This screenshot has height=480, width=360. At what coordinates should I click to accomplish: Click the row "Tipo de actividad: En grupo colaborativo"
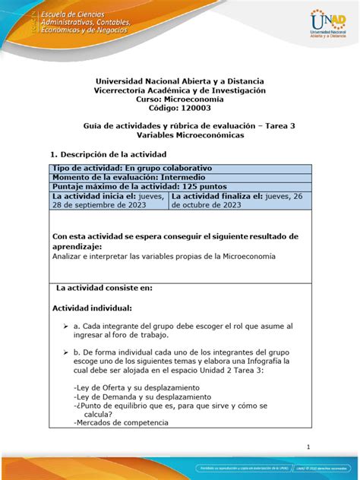[131, 168]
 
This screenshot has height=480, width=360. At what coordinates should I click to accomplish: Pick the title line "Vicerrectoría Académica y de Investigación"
[180, 90]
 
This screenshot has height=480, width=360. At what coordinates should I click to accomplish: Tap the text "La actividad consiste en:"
[105, 288]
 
